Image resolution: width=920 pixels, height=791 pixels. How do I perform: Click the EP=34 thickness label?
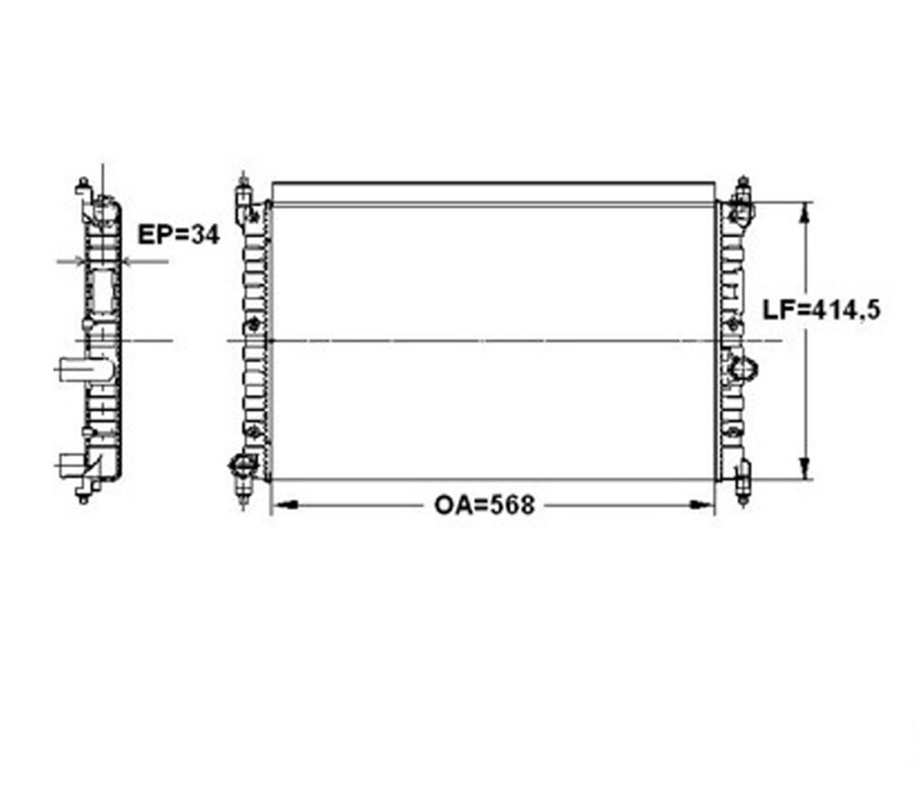coord(179,235)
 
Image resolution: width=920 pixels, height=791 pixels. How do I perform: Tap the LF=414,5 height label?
coord(821,309)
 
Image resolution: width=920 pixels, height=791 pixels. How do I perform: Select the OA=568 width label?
coord(484,505)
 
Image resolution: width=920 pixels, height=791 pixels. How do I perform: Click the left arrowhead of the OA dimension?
coord(285,505)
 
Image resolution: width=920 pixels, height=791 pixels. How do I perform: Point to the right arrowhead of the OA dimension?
coord(701,505)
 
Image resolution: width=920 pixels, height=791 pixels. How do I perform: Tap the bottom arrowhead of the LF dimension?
coord(806,468)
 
